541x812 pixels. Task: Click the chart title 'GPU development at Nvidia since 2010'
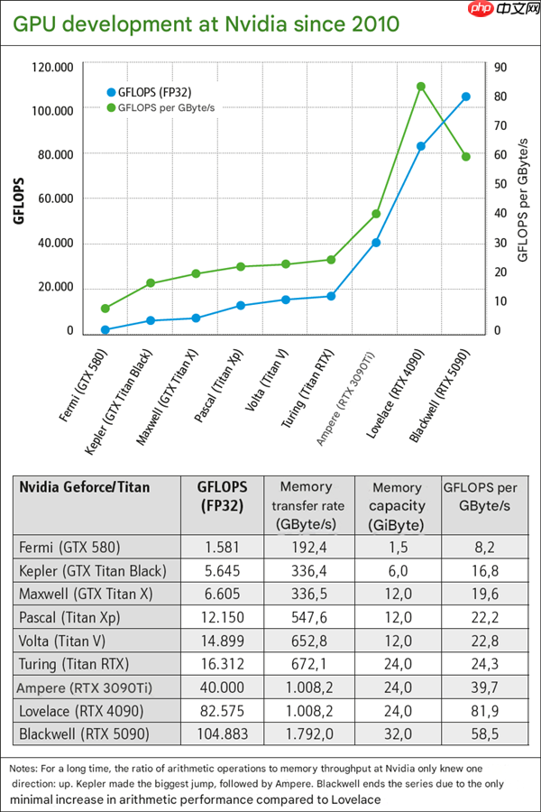click(x=205, y=23)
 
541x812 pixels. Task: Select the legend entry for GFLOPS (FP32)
click(x=155, y=91)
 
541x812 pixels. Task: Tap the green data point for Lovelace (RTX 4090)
click(x=421, y=87)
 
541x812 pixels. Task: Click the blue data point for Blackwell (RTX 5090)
click(x=466, y=97)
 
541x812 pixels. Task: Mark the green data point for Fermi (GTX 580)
click(x=105, y=309)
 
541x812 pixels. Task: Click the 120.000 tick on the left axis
click(x=51, y=67)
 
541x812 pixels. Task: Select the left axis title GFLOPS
click(x=19, y=199)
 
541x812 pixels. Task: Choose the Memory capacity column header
click(x=397, y=506)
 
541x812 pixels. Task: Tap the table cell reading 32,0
click(x=397, y=734)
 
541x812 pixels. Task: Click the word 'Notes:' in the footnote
click(x=25, y=767)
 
